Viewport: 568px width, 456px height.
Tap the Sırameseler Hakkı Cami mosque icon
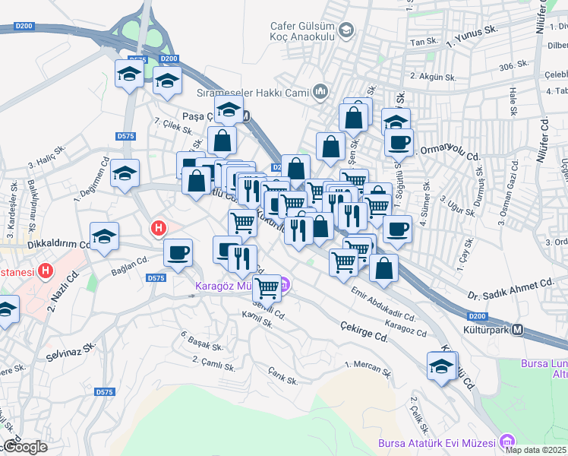(320, 93)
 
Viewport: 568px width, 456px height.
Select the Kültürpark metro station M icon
(518, 330)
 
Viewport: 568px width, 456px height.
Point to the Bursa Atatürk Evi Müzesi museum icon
(506, 443)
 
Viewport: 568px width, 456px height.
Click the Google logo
(25, 447)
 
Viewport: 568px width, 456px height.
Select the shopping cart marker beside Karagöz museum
(267, 288)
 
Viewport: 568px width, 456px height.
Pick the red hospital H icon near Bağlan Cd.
(159, 227)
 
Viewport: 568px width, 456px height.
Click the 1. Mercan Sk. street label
(368, 369)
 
